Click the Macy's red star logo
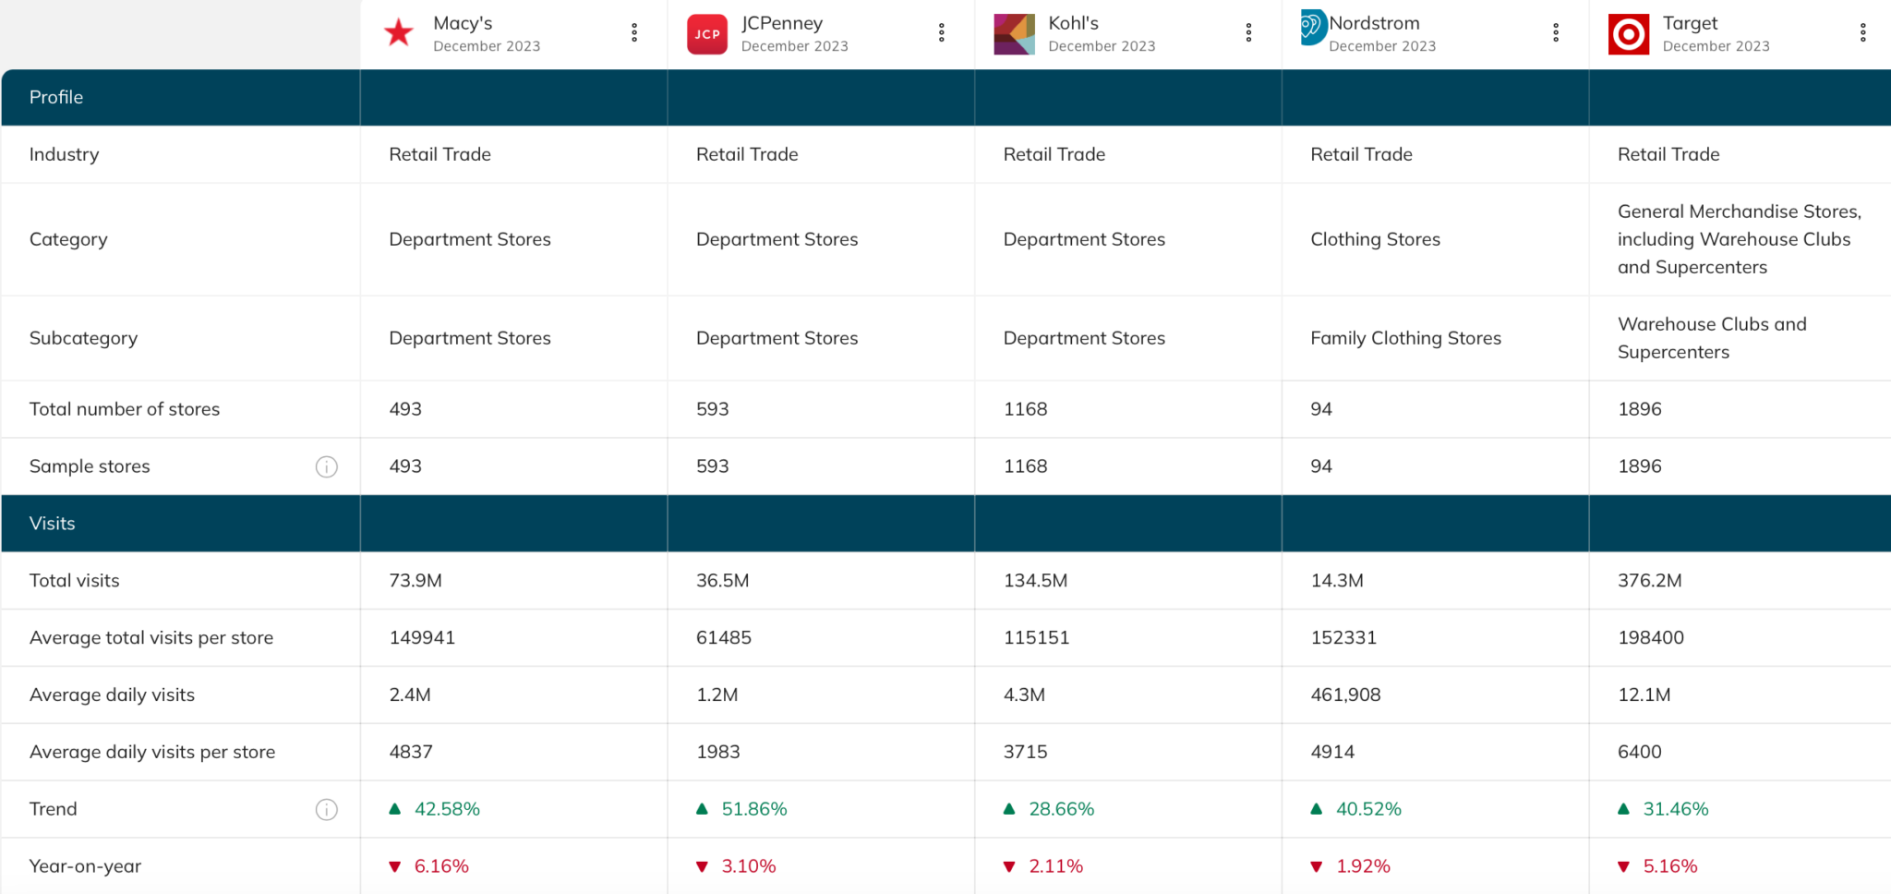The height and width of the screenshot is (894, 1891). click(399, 33)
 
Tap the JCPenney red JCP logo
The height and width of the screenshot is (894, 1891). click(707, 34)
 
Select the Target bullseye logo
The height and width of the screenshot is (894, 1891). click(1629, 34)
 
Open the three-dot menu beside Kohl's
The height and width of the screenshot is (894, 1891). click(1248, 33)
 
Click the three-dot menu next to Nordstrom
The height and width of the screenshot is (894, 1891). click(1556, 33)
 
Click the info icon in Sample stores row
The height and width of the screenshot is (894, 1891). click(327, 466)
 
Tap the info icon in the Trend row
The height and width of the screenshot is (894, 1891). click(327, 810)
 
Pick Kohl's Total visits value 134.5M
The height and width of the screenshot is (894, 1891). click(1035, 581)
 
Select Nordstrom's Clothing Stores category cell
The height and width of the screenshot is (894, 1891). click(1375, 239)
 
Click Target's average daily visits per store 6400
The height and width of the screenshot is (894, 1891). click(1639, 752)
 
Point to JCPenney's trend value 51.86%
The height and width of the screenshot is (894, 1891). click(753, 809)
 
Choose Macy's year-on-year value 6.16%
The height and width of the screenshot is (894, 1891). click(441, 866)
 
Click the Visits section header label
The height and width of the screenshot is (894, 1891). click(53, 524)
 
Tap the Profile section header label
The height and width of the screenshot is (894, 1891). click(56, 97)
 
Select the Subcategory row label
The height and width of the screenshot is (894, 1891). click(83, 338)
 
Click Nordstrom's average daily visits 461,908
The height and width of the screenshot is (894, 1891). click(1345, 695)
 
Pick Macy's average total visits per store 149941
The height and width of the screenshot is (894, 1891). click(422, 637)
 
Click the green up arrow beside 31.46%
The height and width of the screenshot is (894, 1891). click(1623, 809)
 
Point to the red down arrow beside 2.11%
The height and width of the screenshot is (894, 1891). click(1009, 866)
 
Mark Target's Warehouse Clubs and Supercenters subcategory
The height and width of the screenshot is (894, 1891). click(1711, 338)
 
